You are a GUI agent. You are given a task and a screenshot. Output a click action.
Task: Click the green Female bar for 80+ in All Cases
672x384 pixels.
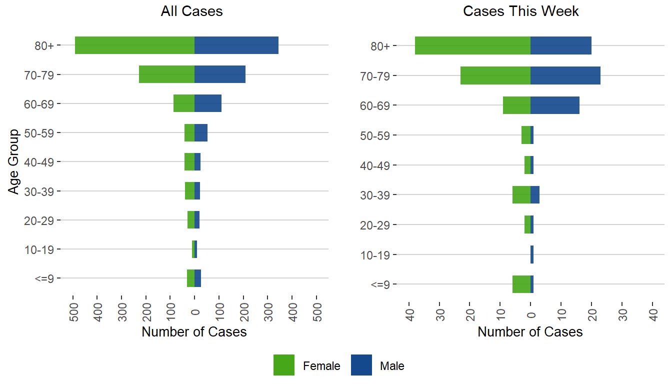(134, 45)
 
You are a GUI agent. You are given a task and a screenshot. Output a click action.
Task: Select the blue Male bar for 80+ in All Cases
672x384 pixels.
(236, 45)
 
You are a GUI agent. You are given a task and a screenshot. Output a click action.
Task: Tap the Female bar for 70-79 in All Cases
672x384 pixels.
(166, 74)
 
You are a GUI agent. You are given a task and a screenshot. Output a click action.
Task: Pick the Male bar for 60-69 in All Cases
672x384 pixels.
(208, 103)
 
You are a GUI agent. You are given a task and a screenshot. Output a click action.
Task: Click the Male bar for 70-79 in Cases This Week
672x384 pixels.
(565, 75)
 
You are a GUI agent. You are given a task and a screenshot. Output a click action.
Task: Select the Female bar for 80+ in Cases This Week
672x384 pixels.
(472, 45)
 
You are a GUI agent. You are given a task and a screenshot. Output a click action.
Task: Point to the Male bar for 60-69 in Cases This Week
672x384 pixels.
(555, 105)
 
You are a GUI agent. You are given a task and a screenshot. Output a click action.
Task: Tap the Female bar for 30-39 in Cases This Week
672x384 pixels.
(521, 194)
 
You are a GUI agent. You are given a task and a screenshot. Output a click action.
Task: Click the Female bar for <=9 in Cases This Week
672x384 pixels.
(521, 284)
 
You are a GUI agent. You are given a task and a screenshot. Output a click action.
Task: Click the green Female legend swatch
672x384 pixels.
(284, 365)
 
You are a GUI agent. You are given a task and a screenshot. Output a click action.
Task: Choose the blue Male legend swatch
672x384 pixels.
(361, 365)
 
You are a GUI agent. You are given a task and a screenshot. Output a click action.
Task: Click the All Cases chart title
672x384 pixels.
(192, 11)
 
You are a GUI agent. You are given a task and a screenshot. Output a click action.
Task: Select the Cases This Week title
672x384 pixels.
(521, 11)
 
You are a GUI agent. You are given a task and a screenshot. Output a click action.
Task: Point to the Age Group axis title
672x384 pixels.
(14, 161)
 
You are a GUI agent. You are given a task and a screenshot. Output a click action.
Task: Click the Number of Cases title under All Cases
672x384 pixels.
(194, 331)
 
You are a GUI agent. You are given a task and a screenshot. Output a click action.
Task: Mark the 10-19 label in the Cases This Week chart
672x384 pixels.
(379, 254)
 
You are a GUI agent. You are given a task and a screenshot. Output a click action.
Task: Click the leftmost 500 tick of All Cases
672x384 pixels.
(73, 310)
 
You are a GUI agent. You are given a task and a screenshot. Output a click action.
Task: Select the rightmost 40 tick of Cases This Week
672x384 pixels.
(652, 310)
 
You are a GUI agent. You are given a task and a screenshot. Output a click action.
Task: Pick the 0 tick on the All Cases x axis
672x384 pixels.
(195, 310)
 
